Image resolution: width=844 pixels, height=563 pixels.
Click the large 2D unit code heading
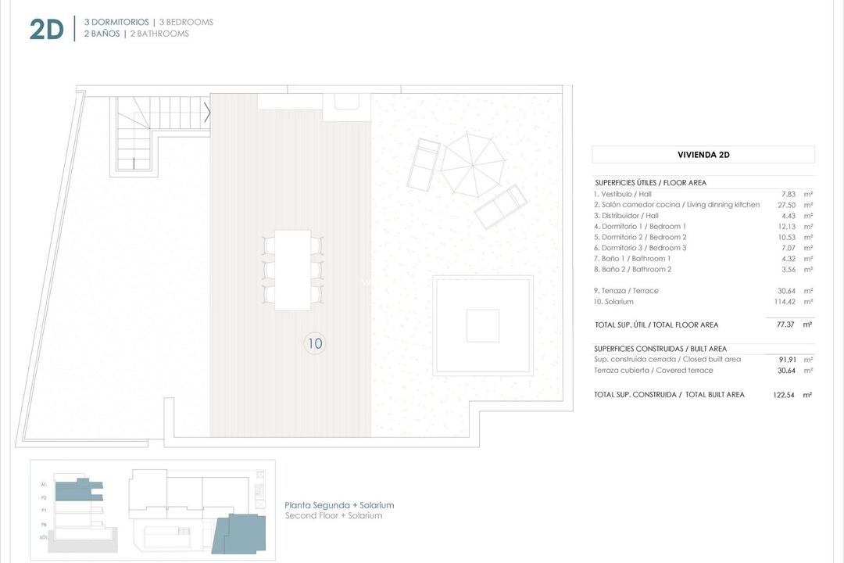tap(46, 29)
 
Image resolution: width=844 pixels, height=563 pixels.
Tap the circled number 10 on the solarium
tap(315, 342)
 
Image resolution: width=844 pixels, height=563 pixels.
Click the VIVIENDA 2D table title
tap(703, 155)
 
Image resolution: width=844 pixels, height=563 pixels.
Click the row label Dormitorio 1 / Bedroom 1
tap(640, 226)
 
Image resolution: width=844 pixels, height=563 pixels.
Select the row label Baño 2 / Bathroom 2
tap(632, 269)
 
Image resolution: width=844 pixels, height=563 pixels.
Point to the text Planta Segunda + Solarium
tap(339, 505)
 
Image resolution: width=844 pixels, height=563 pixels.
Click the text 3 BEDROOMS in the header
tap(186, 22)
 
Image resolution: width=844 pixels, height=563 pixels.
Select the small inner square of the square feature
tap(482, 325)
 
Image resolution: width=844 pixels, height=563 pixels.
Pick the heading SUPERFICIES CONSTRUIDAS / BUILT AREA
tap(660, 349)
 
